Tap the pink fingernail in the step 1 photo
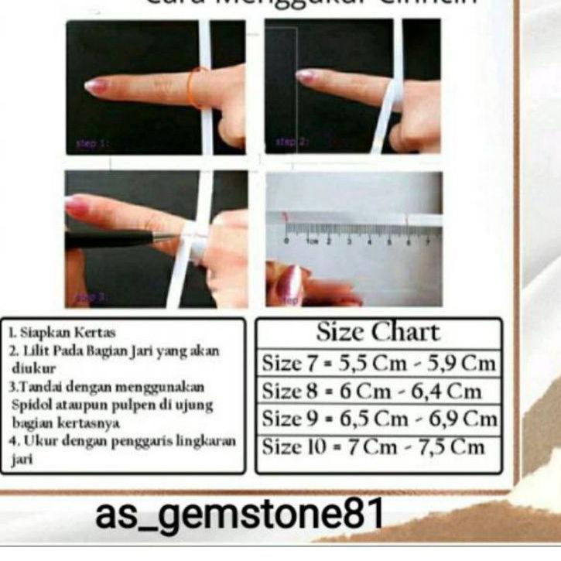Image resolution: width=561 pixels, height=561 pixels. point(97,86)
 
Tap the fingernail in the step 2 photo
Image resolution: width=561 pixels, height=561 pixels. point(306,76)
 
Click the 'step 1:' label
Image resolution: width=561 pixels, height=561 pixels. point(94,143)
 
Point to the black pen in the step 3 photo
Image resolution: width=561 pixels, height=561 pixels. point(116,239)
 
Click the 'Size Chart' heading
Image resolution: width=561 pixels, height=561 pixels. point(378,333)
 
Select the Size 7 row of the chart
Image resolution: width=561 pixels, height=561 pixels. point(378,362)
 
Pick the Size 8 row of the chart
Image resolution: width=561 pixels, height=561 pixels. point(378,390)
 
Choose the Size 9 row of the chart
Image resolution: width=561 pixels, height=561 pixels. point(378,419)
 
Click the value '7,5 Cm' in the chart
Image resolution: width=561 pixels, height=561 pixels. point(456,446)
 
